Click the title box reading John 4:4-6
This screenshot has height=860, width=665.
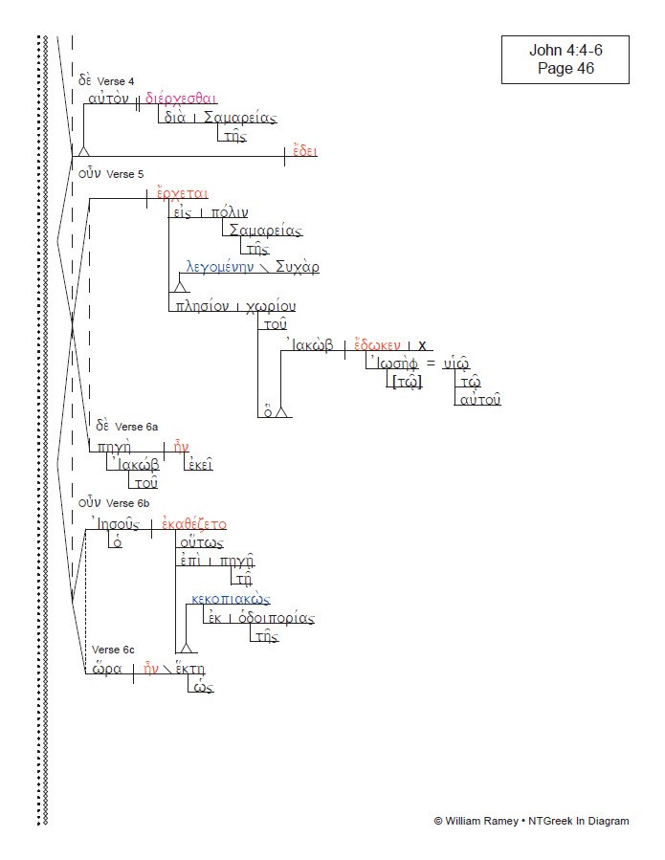565,59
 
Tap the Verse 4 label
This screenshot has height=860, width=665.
116,80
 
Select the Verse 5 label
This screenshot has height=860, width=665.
124,174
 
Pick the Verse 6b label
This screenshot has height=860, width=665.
127,502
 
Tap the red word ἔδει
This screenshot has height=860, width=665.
305,151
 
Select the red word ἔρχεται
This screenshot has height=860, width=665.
183,193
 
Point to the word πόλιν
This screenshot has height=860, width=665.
229,213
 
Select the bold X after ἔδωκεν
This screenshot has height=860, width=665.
422,345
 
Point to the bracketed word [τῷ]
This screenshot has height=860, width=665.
406,382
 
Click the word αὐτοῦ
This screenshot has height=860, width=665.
478,399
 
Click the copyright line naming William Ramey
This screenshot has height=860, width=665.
531,821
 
